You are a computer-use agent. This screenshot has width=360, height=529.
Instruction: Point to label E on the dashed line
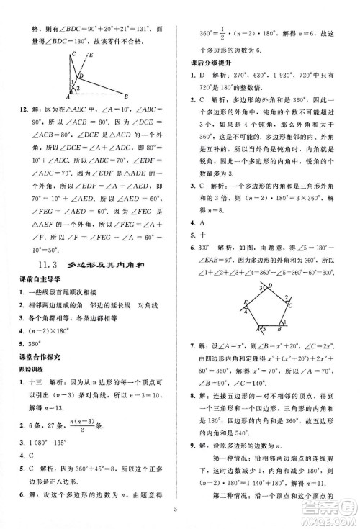point(89,55)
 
